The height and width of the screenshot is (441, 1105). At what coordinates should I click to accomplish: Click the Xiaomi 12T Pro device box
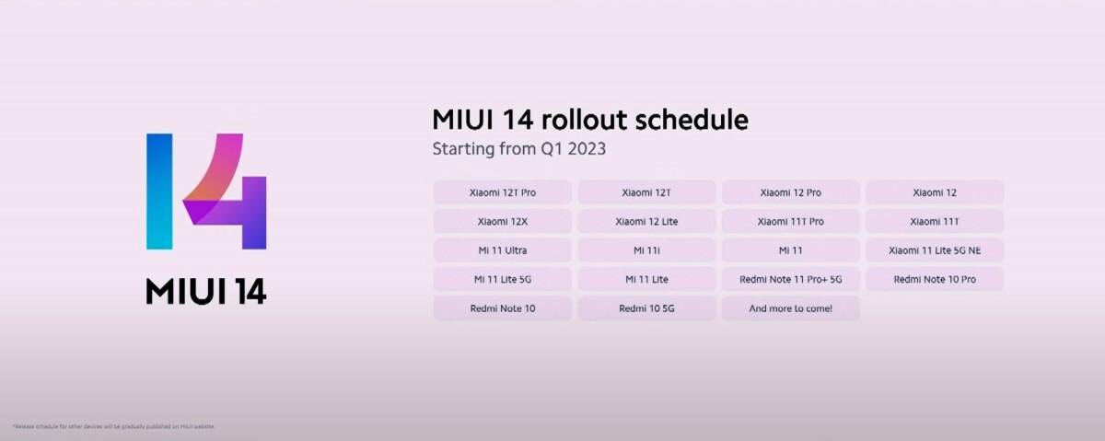(502, 192)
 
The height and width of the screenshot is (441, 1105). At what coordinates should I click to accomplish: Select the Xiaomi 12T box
(646, 192)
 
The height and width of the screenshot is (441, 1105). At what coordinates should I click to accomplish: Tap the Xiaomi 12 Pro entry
(790, 192)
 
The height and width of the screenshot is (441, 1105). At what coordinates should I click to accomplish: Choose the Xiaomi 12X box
(502, 222)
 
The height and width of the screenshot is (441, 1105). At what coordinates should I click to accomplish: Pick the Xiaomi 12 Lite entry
(646, 222)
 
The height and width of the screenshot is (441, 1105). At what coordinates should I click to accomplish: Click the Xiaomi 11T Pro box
(790, 222)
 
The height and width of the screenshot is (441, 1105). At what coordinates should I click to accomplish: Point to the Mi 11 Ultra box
(502, 250)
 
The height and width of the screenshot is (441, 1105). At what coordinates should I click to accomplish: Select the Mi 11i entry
(646, 250)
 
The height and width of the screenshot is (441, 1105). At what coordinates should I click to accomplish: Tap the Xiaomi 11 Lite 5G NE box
(934, 250)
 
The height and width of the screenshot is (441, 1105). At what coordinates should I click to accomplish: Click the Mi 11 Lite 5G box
(502, 279)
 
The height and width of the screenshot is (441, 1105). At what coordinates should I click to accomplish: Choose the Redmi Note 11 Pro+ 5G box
(790, 279)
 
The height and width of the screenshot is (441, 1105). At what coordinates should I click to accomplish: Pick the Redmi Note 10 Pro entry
(934, 279)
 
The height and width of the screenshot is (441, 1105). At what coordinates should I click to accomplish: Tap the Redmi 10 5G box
(646, 308)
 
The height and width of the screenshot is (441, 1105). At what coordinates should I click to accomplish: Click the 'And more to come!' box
(790, 308)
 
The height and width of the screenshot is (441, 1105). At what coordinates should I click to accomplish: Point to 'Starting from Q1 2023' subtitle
(519, 148)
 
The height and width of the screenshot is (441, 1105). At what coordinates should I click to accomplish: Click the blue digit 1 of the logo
(159, 191)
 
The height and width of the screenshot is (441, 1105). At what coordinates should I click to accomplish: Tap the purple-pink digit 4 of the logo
(226, 193)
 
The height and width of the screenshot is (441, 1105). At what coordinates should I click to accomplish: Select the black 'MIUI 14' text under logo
(206, 291)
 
